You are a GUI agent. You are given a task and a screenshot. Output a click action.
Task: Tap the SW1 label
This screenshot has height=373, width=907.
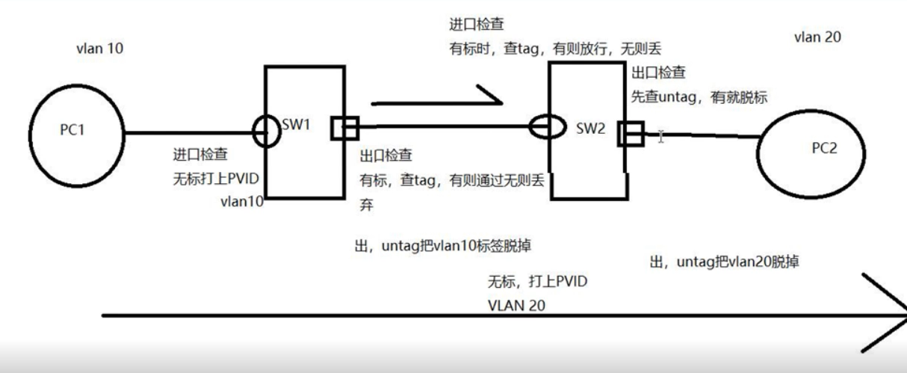(297, 125)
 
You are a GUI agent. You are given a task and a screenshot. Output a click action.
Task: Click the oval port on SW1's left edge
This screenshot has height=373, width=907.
(267, 132)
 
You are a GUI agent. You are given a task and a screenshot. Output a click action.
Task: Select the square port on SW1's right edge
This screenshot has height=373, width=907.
(344, 129)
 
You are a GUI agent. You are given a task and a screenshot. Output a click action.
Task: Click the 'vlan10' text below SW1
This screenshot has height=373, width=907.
(241, 202)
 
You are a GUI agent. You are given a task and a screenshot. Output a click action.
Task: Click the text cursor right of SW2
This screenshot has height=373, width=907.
(660, 135)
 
